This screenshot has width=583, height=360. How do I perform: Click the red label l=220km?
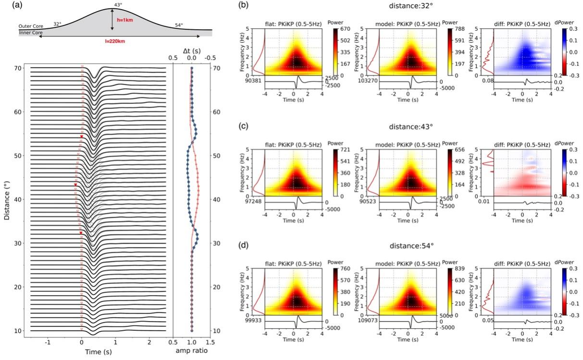click(114, 41)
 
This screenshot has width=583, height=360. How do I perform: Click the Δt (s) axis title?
click(191, 50)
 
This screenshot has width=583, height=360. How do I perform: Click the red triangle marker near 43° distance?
click(75, 185)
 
